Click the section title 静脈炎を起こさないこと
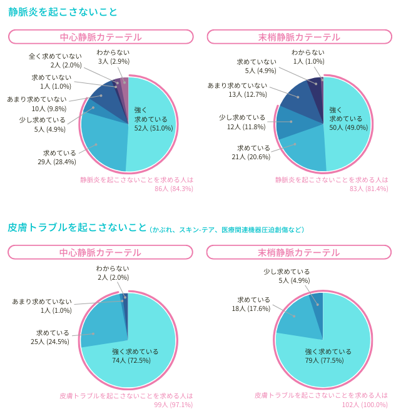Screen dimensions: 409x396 (63, 12)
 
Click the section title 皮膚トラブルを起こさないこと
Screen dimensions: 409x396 (78, 227)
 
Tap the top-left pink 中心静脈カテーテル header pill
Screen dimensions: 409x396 (100, 37)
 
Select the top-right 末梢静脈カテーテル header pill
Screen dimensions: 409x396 (299, 37)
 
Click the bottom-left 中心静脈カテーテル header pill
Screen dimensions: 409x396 (100, 252)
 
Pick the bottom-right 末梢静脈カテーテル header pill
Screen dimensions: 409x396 (299, 252)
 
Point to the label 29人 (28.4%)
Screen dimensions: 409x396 (57, 162)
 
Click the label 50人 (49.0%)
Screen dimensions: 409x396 (348, 127)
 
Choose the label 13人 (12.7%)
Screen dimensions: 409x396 (248, 94)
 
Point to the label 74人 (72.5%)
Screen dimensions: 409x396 (135, 360)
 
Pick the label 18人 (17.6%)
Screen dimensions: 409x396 (250, 308)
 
